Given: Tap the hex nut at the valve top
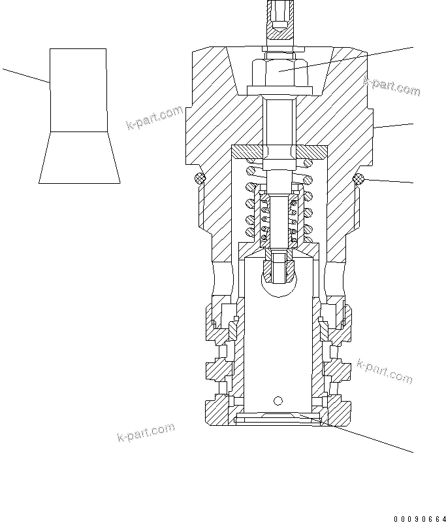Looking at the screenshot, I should click(x=279, y=68).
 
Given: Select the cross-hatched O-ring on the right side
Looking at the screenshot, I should click(x=358, y=178).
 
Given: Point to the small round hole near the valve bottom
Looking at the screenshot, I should click(x=279, y=401).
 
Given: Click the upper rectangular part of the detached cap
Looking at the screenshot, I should click(x=78, y=90).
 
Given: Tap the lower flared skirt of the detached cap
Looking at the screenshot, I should click(x=79, y=157).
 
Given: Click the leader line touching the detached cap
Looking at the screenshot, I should click(x=26, y=75).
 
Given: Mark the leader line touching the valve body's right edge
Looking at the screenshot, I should click(x=394, y=127).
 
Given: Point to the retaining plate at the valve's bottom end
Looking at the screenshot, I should click(x=279, y=416).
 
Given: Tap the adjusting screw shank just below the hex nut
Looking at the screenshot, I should click(x=279, y=118).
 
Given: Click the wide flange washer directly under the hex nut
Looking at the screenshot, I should click(x=279, y=92).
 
